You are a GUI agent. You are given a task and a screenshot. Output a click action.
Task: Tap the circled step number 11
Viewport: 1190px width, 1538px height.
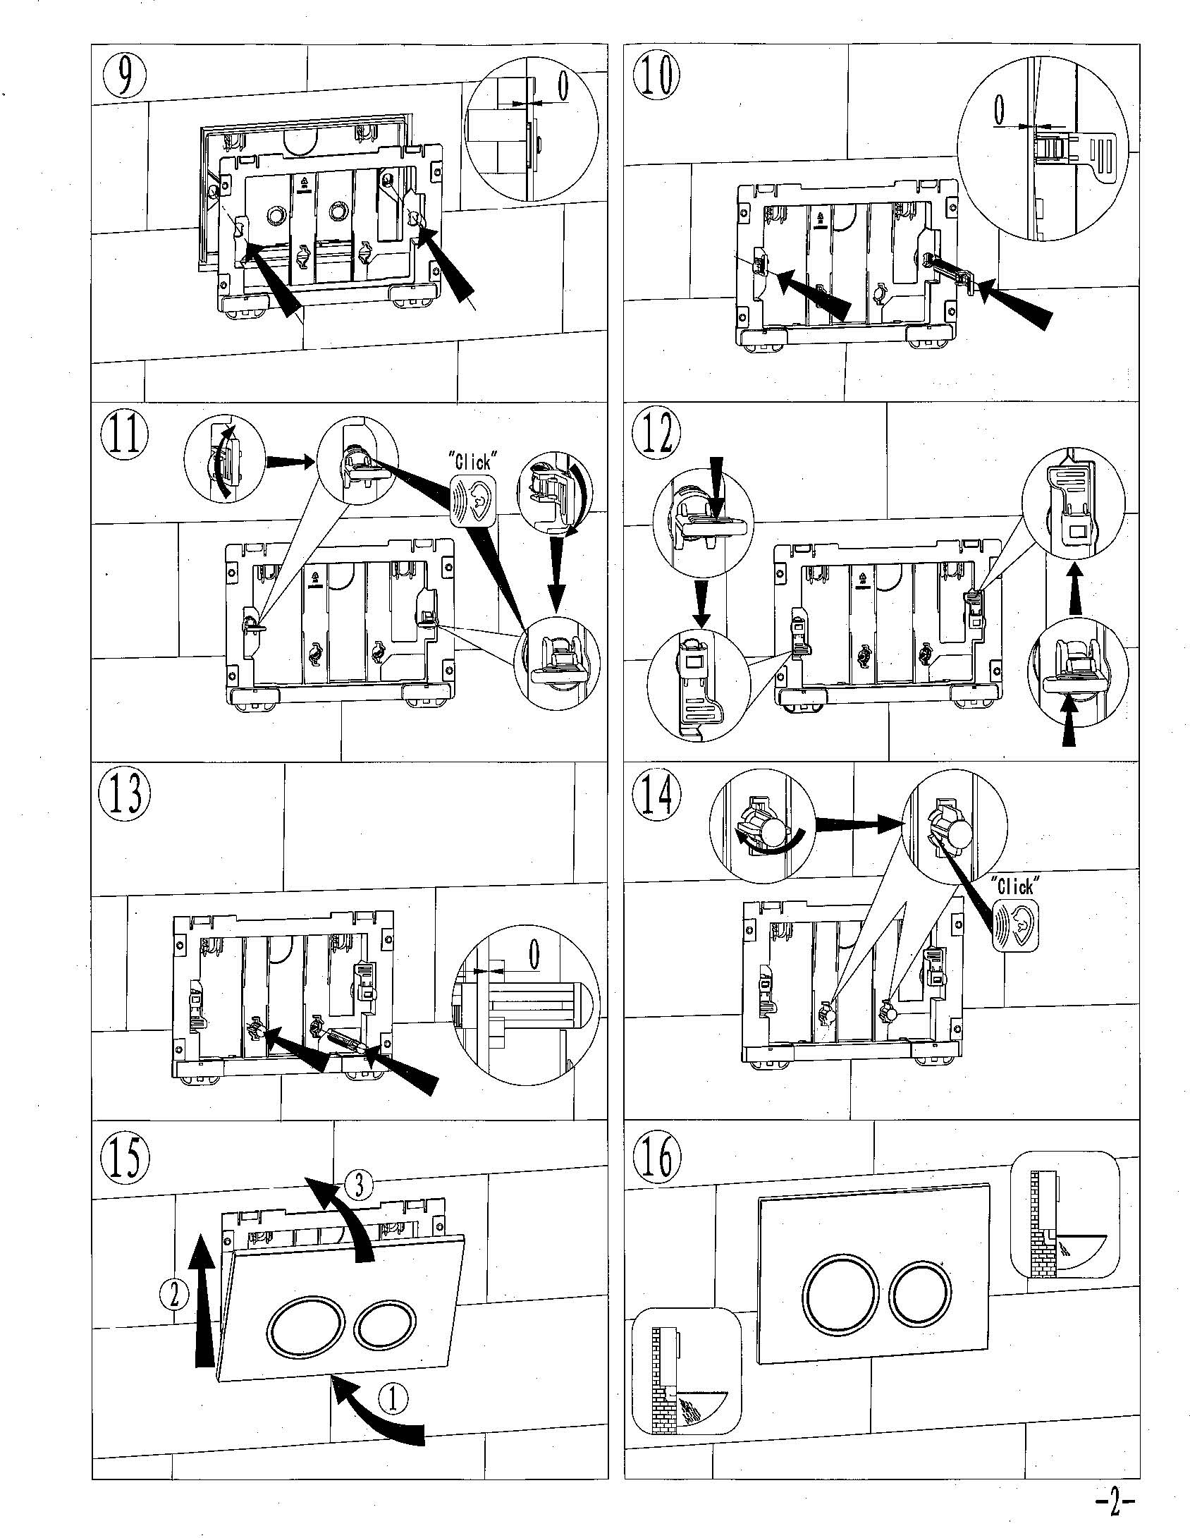click(124, 436)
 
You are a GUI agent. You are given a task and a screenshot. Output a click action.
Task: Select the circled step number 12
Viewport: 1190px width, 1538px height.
click(656, 436)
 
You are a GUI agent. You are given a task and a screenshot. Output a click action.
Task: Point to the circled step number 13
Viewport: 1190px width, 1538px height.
click(124, 793)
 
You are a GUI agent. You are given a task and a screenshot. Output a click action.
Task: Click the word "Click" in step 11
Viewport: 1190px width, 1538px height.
click(473, 463)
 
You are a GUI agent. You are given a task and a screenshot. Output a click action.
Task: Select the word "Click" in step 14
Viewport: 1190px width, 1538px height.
click(1016, 886)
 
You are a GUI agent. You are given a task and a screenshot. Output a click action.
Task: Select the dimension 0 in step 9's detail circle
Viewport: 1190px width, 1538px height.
click(563, 86)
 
